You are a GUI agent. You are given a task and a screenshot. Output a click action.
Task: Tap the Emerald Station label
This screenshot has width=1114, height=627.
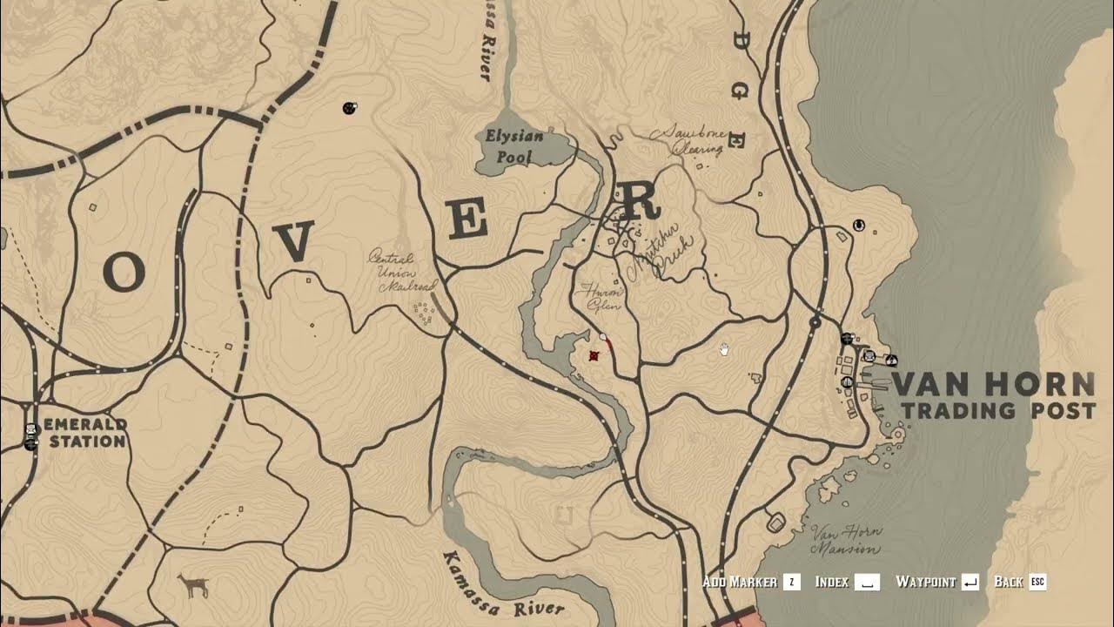[85, 433]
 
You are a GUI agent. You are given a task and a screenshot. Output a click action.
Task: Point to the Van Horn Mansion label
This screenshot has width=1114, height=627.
[846, 540]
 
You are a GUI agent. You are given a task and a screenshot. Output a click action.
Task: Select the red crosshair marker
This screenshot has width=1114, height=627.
[594, 355]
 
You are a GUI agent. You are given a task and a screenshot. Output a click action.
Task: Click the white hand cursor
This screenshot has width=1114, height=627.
[724, 350]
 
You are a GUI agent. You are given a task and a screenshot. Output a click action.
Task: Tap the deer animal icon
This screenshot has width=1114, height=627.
[192, 585]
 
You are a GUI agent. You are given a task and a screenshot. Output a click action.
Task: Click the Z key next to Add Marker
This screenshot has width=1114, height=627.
[791, 582]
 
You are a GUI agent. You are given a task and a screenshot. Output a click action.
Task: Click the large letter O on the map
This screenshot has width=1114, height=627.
[124, 273]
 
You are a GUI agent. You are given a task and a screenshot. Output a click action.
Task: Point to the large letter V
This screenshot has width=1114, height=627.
[296, 241]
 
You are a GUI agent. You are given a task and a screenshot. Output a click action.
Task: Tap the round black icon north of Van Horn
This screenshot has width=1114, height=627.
[859, 226]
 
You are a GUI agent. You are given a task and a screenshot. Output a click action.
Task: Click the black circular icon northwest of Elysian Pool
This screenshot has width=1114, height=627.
[350, 108]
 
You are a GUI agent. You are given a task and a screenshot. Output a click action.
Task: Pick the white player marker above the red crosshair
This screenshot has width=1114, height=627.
[602, 335]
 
